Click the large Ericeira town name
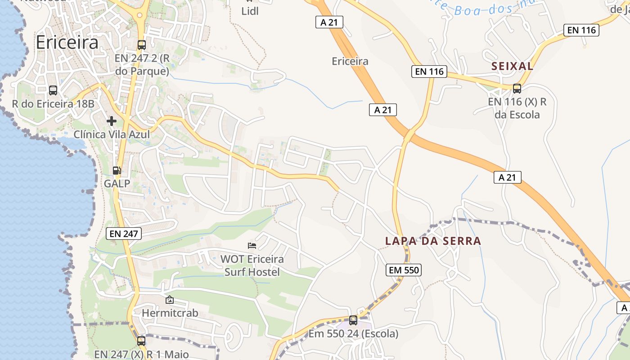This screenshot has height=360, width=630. point(67,42)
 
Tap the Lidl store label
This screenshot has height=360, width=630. point(250,11)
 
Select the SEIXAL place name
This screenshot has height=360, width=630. point(512,66)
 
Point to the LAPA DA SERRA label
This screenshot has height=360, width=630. point(433,241)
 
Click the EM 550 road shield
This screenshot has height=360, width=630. point(403,270)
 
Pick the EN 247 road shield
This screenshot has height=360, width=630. point(124,233)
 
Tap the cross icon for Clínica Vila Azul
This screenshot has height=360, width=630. point(112,121)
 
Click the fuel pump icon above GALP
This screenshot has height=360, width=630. point(117,171)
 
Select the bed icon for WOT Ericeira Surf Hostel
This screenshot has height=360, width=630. point(252,245)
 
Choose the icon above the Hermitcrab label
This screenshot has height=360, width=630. point(170,300)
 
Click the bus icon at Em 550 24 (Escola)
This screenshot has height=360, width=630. point(353,320)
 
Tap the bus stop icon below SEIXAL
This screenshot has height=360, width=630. point(517,88)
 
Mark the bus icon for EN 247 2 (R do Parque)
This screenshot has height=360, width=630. point(142,45)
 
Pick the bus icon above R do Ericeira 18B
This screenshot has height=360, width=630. point(53,90)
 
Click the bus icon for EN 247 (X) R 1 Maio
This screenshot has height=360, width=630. point(141,341)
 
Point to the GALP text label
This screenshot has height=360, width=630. point(117,184)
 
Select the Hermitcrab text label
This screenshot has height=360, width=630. point(170,313)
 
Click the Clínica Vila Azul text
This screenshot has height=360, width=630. point(112,134)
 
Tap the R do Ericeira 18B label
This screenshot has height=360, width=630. point(53,104)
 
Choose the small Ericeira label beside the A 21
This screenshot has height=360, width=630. point(350,61)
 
